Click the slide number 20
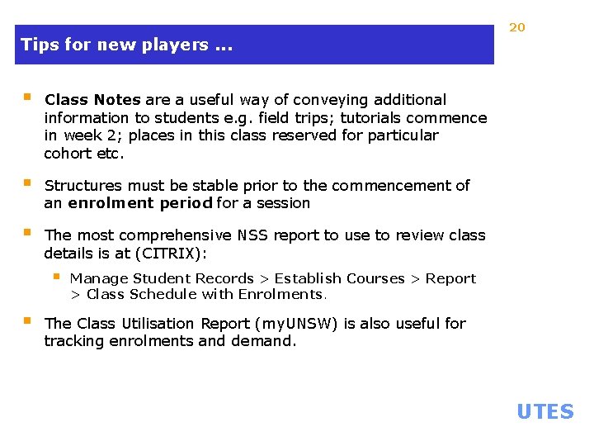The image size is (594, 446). pos(517,27)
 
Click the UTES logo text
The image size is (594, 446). pos(544,411)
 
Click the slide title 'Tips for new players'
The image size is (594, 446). pos(126,45)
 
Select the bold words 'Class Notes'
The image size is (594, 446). pos(92,100)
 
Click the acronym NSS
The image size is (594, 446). pos(252,235)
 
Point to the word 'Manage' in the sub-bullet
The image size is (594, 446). pos(98,278)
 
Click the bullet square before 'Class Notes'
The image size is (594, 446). pos(27,97)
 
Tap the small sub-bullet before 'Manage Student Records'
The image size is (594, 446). pos(56,276)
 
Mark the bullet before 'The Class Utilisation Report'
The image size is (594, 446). pos(27,321)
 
